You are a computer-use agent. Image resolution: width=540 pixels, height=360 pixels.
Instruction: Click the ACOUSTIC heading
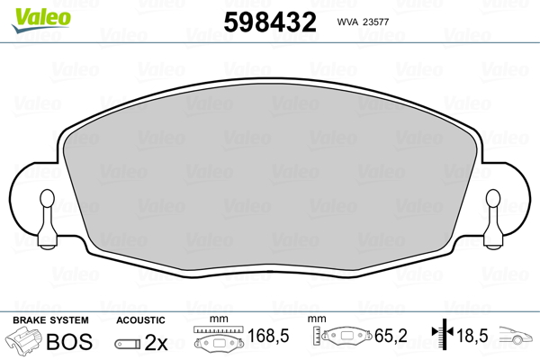pyautogui.click(x=140, y=320)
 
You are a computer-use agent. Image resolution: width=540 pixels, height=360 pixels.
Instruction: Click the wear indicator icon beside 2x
pyautogui.click(x=130, y=343)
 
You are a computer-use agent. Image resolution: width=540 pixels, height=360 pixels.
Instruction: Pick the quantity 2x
pyautogui.click(x=157, y=342)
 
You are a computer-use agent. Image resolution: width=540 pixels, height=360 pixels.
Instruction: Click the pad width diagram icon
pyautogui.click(x=219, y=341)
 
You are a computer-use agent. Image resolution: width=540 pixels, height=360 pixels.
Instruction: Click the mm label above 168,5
pyautogui.click(x=216, y=320)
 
